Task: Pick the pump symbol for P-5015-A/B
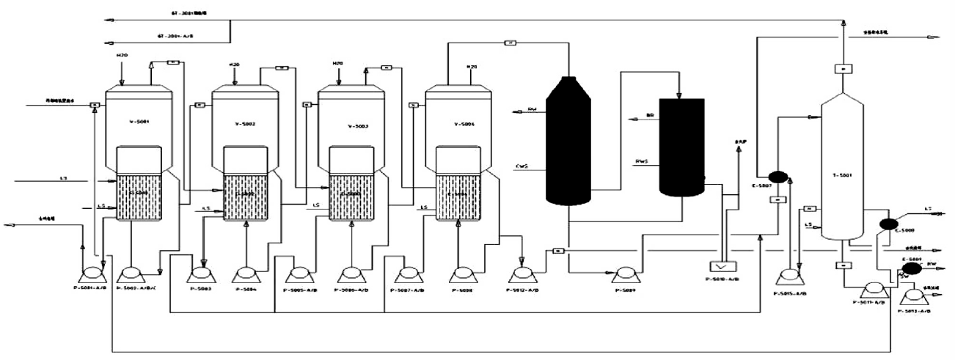point(790,276)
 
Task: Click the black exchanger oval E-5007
point(777,176)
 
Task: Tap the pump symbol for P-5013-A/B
point(914,295)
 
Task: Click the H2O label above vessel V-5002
point(235,65)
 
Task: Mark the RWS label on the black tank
point(642,160)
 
